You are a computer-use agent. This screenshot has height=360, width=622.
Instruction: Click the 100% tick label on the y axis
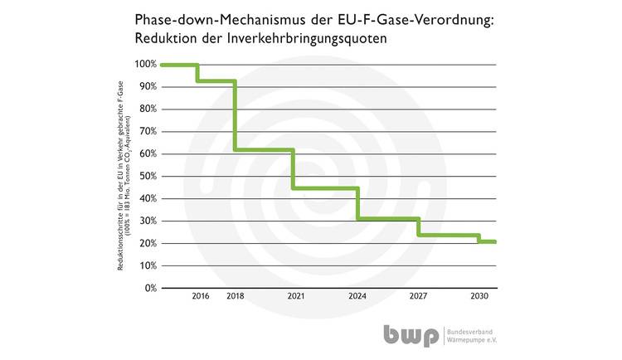[x=145, y=65]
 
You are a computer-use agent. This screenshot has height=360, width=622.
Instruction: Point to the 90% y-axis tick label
[x=147, y=87]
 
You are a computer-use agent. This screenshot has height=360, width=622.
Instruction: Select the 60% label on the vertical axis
[x=147, y=154]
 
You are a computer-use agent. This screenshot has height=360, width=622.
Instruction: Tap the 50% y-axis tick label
[x=147, y=177]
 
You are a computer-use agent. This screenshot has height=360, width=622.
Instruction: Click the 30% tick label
[x=147, y=221]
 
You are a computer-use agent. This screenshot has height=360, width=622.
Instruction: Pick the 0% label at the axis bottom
[x=149, y=289]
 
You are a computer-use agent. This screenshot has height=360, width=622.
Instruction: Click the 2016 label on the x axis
[x=200, y=296]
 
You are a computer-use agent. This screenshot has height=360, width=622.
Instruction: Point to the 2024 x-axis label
[x=357, y=296]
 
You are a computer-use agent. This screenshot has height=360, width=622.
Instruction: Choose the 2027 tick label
[x=417, y=296]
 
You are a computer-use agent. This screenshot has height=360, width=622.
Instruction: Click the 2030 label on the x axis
[x=479, y=296]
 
